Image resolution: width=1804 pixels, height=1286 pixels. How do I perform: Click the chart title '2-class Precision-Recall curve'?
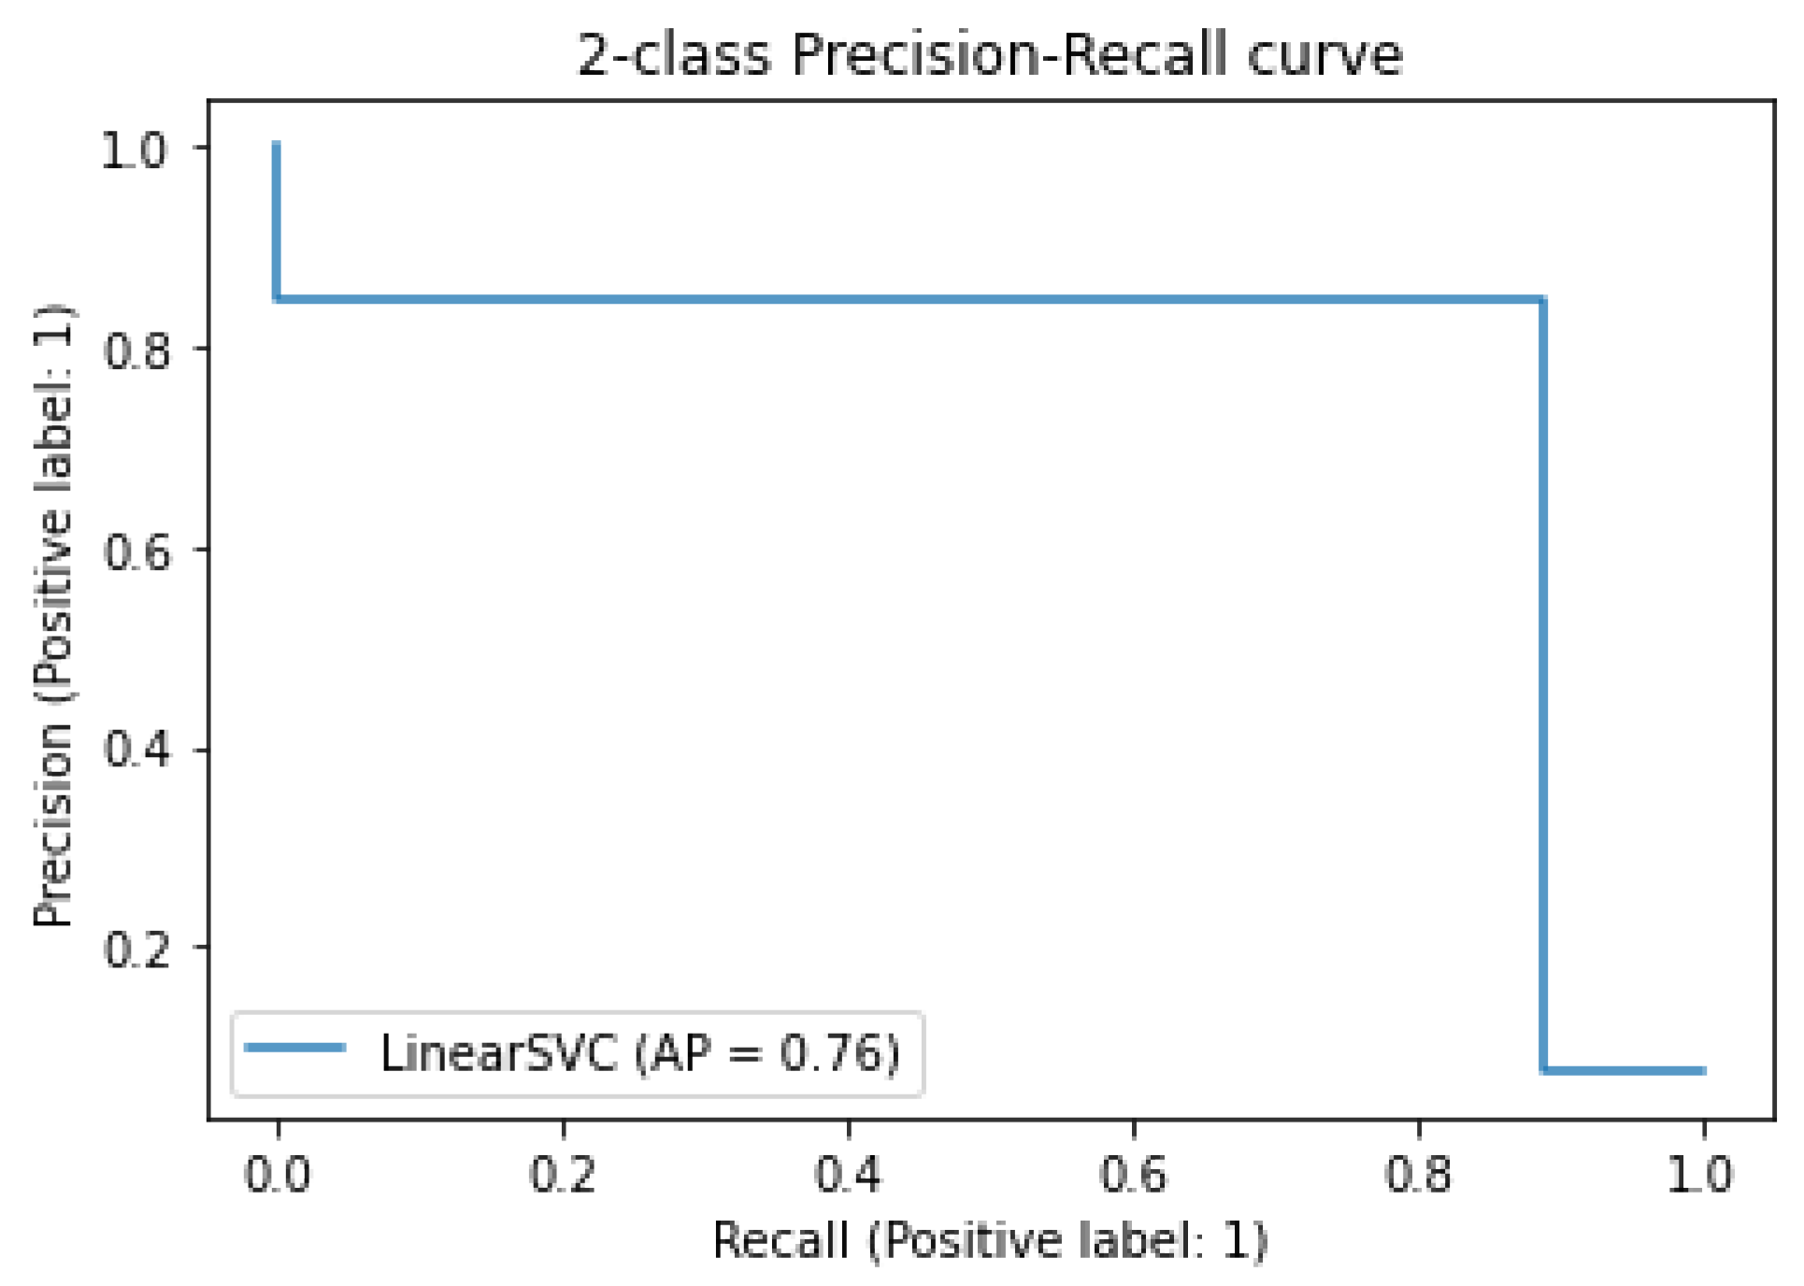990,54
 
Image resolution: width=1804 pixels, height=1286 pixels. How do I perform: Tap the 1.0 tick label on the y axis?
135,150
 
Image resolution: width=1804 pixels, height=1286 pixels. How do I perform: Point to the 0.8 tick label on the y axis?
136,350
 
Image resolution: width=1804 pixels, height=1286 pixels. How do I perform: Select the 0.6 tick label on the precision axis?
136,550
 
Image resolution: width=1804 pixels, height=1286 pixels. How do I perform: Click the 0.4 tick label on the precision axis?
136,750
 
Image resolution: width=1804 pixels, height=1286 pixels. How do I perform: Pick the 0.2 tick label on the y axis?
136,950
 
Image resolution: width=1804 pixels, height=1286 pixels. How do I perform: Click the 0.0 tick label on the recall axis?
278,1174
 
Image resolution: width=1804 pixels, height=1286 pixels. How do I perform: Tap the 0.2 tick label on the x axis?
563,1174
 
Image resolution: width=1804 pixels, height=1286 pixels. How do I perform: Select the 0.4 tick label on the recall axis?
848,1174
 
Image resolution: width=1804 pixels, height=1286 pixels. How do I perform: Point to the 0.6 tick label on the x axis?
1133,1174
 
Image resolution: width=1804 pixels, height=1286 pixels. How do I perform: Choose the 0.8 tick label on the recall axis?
1418,1174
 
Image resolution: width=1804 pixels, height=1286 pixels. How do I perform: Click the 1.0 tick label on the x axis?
1702,1174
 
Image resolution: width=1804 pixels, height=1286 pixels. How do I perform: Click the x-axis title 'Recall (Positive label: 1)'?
990,1241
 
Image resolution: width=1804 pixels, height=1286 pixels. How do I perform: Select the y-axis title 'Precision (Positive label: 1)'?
54,617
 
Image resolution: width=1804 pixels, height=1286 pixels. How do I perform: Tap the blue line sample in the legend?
295,1048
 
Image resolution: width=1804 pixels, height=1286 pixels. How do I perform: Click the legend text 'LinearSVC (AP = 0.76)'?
640,1053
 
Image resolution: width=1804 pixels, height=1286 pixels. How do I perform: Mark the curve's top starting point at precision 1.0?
277,145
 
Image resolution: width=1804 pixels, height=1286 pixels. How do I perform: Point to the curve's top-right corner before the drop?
1542,299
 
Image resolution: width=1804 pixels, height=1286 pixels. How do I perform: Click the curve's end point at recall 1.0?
1704,1070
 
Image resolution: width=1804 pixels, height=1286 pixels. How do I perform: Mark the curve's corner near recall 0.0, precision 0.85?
277,299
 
